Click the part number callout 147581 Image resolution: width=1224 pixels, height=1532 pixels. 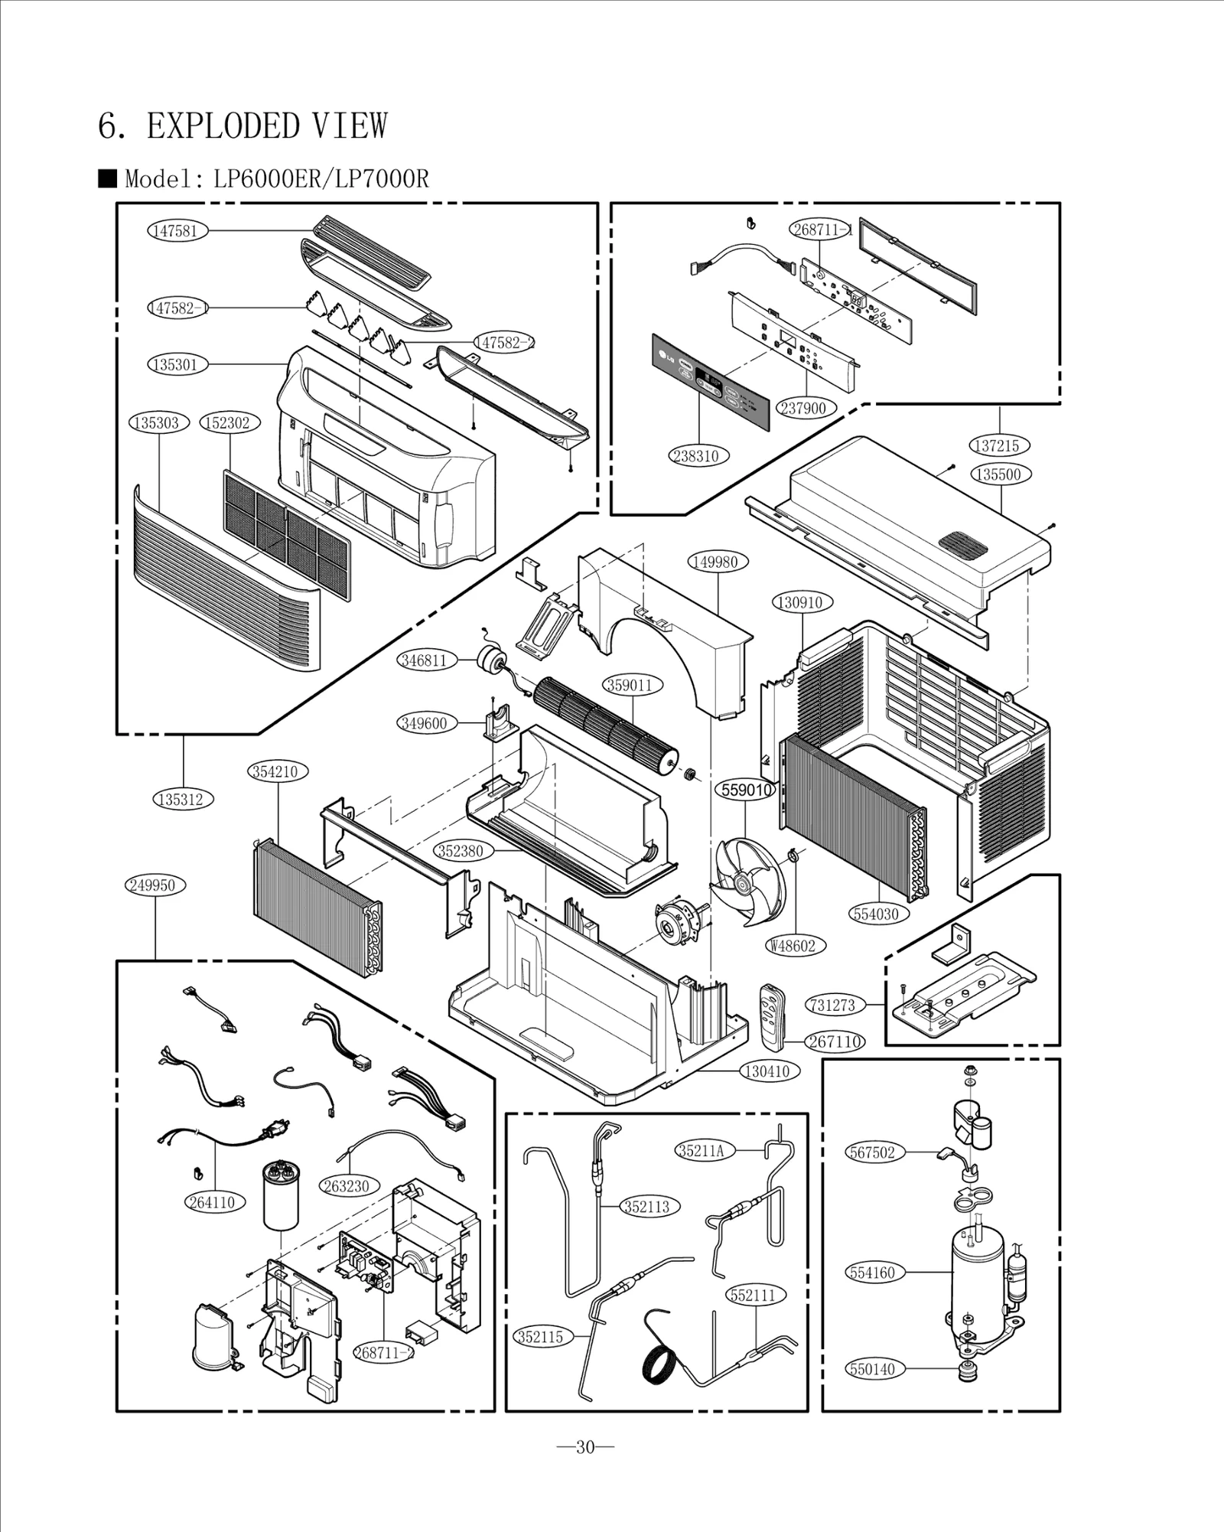pos(177,230)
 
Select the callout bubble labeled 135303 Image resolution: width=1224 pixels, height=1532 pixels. pos(158,422)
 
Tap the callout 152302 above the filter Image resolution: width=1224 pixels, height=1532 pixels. pos(229,422)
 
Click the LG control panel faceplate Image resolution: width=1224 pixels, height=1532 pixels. pos(709,382)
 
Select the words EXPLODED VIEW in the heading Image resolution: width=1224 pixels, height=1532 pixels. pos(267,126)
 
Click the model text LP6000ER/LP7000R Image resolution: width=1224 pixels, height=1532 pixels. pos(321,179)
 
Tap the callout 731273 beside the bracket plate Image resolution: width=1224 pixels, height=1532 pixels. pos(833,1005)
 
